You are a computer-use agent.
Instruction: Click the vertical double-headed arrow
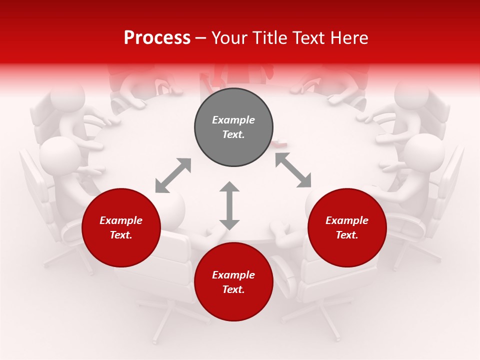coord(229,205)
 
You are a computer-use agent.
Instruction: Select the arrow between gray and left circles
coord(173,175)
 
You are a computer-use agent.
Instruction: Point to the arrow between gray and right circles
coord(293,170)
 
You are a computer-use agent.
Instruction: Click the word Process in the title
coord(157,37)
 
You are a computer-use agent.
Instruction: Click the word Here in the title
coord(349,37)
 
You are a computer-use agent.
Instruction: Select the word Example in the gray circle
coord(233,120)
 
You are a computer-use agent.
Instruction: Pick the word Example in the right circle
coord(347,220)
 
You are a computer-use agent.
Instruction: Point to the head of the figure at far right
coord(424,152)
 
